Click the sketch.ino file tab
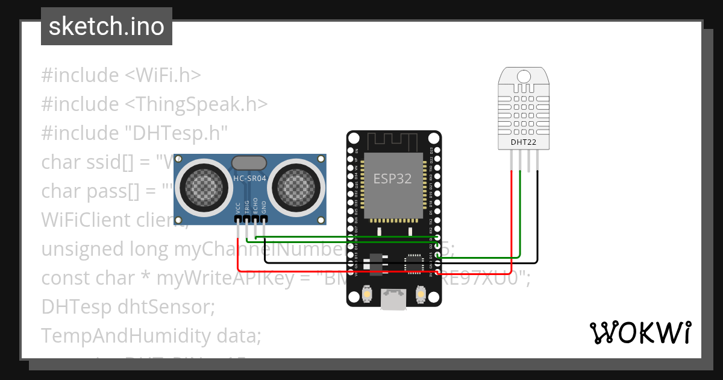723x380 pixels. [107, 27]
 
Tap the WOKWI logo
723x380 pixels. [639, 332]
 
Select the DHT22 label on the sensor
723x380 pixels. [524, 143]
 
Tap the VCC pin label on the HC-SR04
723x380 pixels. [238, 207]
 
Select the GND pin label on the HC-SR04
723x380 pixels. [263, 207]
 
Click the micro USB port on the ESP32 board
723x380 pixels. [394, 300]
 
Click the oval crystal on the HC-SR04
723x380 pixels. [249, 163]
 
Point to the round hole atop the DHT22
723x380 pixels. [524, 77]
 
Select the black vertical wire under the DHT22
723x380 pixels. [537, 217]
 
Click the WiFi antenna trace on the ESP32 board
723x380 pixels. [394, 142]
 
